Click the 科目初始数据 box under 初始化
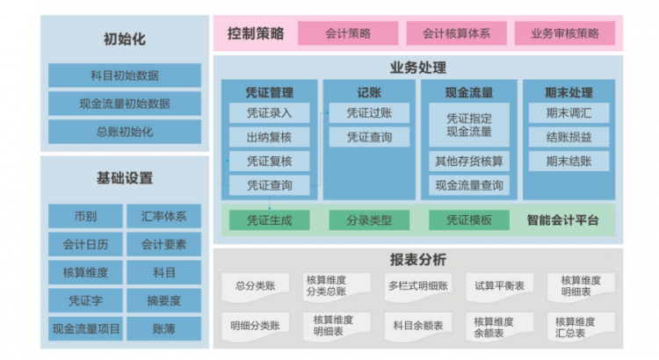[x=124, y=76]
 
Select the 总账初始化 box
[x=124, y=132]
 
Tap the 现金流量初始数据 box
[x=124, y=104]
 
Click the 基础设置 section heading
[x=124, y=178]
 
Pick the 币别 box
[x=85, y=216]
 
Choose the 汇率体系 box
[x=163, y=216]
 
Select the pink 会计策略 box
[x=347, y=33]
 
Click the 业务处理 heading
[x=417, y=68]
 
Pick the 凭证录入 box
[x=269, y=113]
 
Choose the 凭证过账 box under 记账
[x=369, y=113]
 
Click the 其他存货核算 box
[x=469, y=162]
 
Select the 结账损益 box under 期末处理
[x=568, y=137]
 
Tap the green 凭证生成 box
[x=269, y=220]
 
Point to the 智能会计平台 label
[x=568, y=220]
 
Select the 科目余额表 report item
[x=417, y=326]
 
